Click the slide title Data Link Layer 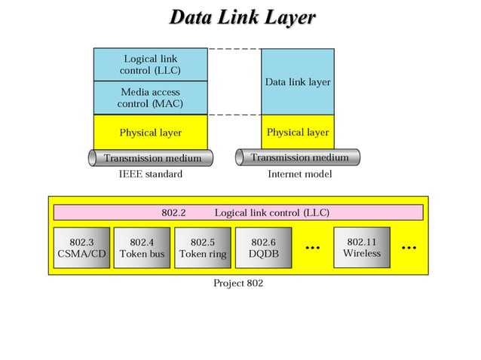tap(241, 17)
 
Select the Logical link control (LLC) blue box tap(150, 65)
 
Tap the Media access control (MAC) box tap(150, 98)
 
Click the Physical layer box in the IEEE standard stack tap(150, 133)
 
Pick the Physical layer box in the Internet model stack tap(297, 133)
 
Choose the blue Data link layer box tap(297, 81)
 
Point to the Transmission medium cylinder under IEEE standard tap(151, 158)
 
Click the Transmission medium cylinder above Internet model tap(299, 157)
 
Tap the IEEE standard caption tap(150, 174)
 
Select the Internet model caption tap(299, 174)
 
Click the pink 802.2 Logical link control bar tap(238, 212)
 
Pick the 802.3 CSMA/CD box tap(81, 248)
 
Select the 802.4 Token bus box tap(142, 248)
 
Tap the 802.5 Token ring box tap(202, 248)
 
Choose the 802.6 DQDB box tap(263, 248)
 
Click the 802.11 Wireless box tap(361, 247)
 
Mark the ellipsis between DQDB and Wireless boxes tap(312, 247)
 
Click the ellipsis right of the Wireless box tap(409, 247)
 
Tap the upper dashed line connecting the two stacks tap(234, 49)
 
